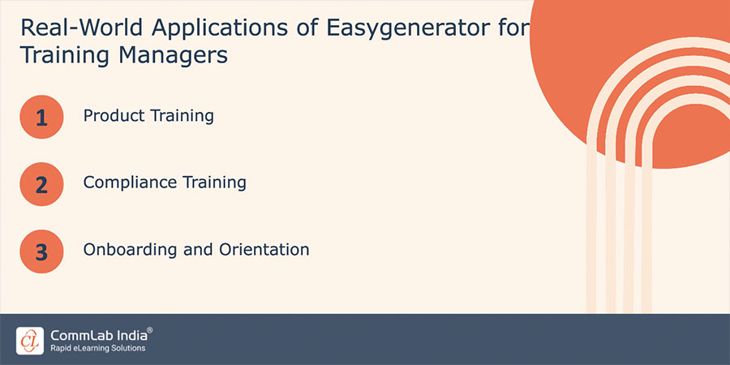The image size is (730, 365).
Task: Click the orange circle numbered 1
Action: (41, 118)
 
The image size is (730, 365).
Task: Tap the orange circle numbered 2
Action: (41, 184)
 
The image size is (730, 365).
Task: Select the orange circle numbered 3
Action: (41, 251)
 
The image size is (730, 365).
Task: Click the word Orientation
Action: (264, 249)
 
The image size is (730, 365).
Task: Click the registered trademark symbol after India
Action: (149, 330)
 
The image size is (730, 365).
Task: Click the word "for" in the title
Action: (511, 28)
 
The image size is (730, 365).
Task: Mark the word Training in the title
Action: (57, 56)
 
